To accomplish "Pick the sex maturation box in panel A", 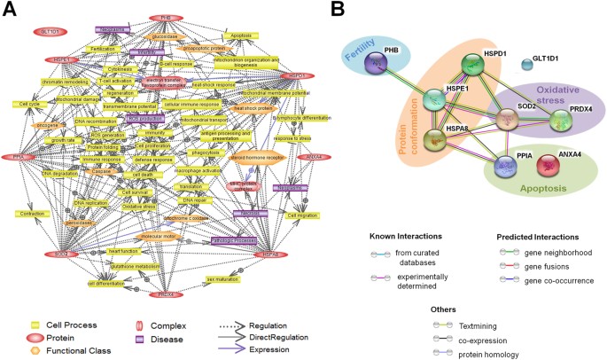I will [x=223, y=278].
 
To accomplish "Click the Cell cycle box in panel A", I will [x=26, y=104].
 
